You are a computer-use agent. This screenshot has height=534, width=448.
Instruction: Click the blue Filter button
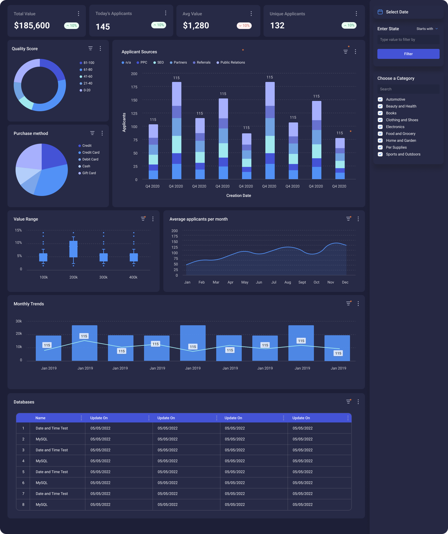[x=408, y=54]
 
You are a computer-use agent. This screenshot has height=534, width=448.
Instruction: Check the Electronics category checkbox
[x=380, y=127]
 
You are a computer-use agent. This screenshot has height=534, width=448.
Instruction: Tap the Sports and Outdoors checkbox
[x=380, y=154]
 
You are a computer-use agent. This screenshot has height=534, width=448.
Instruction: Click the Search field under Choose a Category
[x=408, y=89]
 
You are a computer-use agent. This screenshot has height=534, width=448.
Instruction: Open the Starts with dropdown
[x=427, y=29]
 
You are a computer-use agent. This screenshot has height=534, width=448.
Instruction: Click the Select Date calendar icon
[x=380, y=12]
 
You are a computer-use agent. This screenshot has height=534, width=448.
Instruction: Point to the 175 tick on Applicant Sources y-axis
[x=134, y=87]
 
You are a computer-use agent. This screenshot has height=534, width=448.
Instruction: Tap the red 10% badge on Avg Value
[x=244, y=26]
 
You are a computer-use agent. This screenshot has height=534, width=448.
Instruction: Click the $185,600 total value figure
[x=32, y=26]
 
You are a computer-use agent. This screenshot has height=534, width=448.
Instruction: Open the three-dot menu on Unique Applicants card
[x=356, y=14]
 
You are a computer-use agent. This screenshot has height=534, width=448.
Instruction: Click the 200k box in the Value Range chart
[x=73, y=249]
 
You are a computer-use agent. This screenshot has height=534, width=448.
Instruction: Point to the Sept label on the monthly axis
[x=302, y=282]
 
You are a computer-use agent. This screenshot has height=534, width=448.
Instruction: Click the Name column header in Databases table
[x=40, y=418]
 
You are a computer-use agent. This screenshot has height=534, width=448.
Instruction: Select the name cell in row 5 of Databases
[x=52, y=472]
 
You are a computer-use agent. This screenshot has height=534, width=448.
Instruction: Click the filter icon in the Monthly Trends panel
[x=348, y=303]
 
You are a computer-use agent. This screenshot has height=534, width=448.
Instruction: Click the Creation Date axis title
[x=239, y=196]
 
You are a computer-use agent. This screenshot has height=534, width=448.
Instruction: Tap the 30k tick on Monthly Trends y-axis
[x=19, y=321]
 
